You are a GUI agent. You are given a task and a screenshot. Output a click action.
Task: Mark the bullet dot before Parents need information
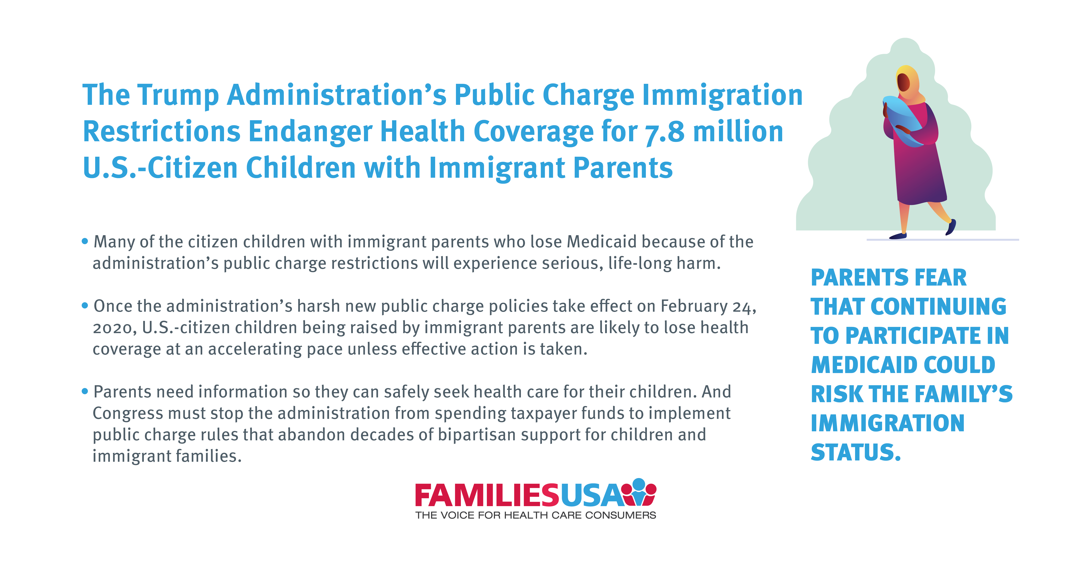click(x=85, y=391)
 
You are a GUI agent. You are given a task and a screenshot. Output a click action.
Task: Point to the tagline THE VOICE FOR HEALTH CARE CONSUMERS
click(x=536, y=515)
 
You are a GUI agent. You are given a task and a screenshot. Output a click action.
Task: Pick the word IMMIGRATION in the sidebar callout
click(x=888, y=423)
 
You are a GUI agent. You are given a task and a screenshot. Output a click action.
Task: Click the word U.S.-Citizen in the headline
click(x=160, y=168)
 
